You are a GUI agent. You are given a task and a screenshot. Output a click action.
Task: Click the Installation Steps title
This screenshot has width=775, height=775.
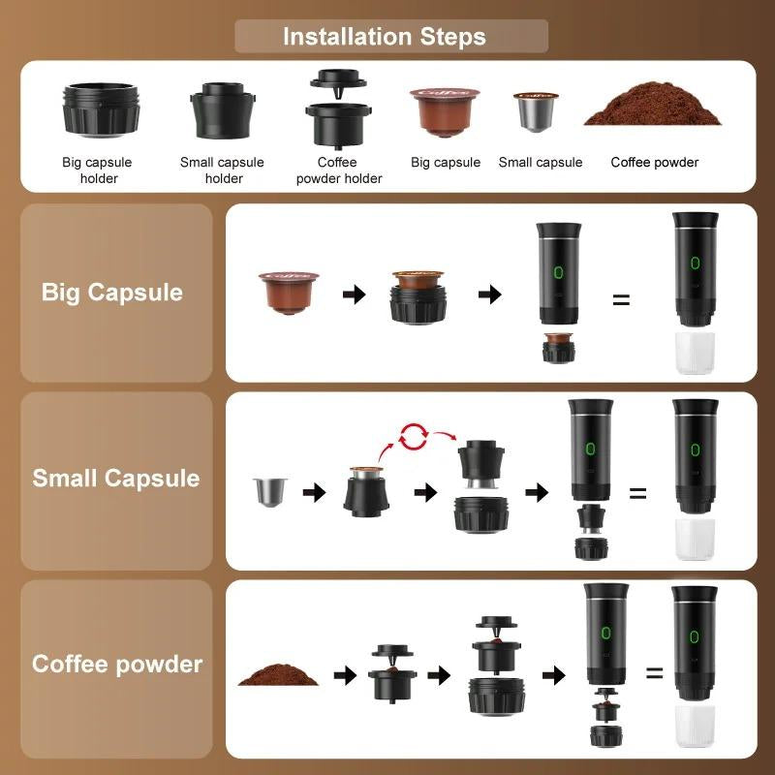[385, 38]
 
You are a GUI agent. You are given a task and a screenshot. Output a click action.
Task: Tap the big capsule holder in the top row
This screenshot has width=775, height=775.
[101, 111]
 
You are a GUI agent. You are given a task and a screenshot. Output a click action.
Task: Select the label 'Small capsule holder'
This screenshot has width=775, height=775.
[222, 170]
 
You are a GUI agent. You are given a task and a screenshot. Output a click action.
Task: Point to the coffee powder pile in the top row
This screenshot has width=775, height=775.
[653, 108]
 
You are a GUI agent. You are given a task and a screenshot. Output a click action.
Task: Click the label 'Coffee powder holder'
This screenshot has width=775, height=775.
[339, 170]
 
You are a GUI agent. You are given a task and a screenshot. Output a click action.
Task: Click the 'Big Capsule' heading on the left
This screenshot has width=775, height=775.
[112, 293]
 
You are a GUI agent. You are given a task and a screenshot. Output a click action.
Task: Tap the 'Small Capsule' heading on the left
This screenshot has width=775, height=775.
[116, 479]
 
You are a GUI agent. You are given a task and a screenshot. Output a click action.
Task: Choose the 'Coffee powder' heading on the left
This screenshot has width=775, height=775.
[117, 665]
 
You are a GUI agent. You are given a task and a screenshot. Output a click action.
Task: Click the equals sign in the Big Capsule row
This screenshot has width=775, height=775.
[621, 299]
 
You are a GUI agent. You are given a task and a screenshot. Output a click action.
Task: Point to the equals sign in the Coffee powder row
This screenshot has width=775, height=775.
[655, 672]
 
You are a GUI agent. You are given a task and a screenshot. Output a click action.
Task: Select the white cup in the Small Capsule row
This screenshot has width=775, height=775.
[694, 539]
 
